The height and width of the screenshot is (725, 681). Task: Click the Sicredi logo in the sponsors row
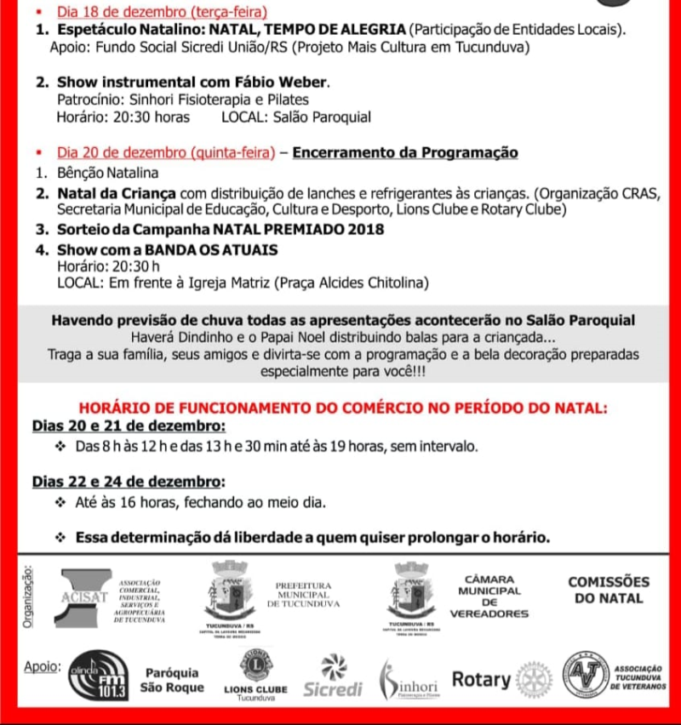[x=333, y=678]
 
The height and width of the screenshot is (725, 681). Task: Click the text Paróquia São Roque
[x=173, y=680]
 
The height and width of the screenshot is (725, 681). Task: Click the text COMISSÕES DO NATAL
[x=608, y=591]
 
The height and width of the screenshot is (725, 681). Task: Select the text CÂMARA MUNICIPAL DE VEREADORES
[x=489, y=596]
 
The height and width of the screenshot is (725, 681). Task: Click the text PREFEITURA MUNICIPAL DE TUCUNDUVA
[x=303, y=595]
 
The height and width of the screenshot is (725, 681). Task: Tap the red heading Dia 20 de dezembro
[x=166, y=153]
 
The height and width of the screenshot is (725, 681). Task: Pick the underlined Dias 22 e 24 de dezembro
[x=129, y=481]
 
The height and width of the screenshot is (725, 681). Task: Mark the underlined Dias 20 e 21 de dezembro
[x=129, y=425]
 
